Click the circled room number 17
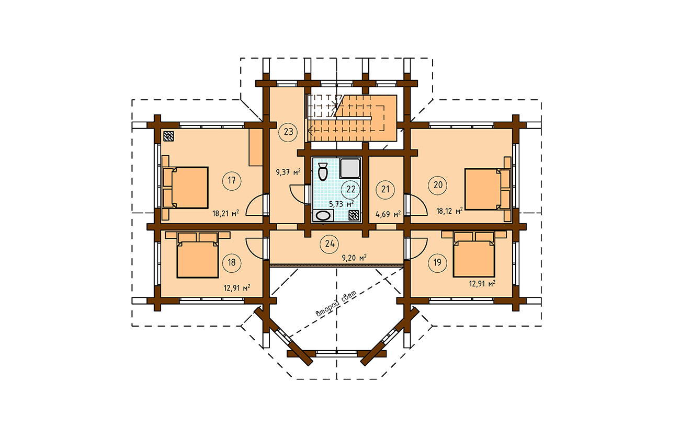coord(232,181)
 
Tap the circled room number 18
coord(232,262)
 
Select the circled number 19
coord(437,262)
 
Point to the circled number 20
coord(438,184)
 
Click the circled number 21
coord(385,190)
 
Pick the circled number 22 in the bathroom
coord(350,190)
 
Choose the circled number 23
coord(288,132)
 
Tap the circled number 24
coord(330,244)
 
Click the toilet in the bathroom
coord(322,171)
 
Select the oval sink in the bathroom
coord(323,216)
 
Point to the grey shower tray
coord(350,168)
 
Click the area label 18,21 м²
coord(225,213)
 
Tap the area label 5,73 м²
coord(342,204)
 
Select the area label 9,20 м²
coord(354,258)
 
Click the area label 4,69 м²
coord(388,215)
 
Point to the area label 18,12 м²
coord(450,211)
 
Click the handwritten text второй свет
coord(336,304)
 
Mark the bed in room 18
coord(198,255)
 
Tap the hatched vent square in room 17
coord(169,136)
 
